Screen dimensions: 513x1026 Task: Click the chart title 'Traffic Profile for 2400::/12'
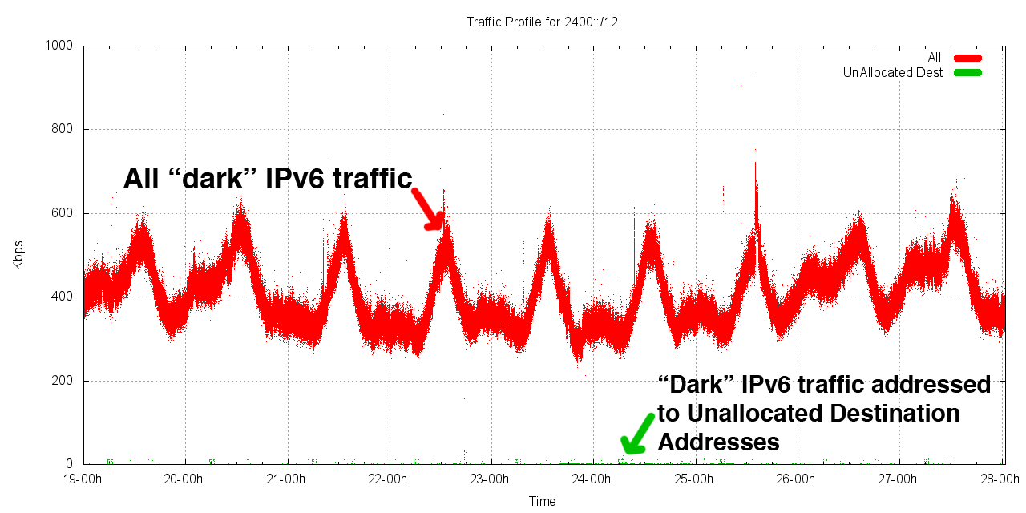[x=542, y=22]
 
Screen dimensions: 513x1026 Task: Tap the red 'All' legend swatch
[x=967, y=58]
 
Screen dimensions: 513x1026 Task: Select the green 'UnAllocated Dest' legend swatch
[x=967, y=73]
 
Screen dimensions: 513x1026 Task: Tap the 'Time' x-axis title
[x=542, y=501]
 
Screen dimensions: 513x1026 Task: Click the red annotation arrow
[x=428, y=210]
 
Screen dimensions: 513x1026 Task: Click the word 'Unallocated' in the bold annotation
[x=757, y=414]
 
